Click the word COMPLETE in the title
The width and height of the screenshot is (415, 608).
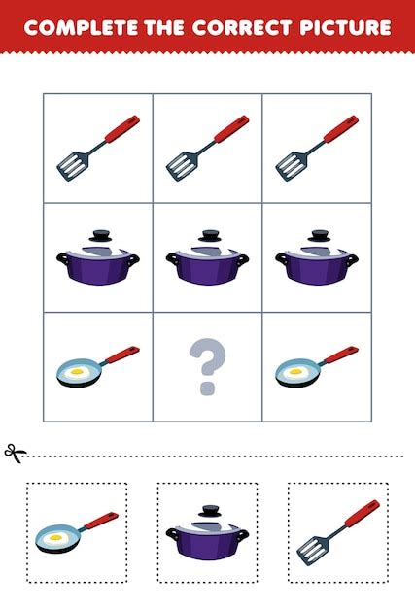click(x=81, y=27)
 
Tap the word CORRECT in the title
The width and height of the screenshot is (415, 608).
click(x=242, y=27)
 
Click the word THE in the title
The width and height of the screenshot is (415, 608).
click(x=164, y=27)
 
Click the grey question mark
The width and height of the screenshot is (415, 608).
click(x=208, y=366)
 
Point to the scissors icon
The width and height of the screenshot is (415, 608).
click(x=15, y=453)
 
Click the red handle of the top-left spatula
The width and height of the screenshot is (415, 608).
click(x=122, y=128)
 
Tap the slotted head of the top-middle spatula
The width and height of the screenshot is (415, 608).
click(x=182, y=166)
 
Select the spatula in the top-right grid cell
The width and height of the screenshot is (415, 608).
click(x=317, y=149)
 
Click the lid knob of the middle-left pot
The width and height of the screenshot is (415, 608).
click(x=100, y=235)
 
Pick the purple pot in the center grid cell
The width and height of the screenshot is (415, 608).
click(x=208, y=257)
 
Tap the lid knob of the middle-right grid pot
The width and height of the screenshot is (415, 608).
click(x=319, y=235)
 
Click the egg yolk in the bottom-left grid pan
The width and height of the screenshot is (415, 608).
click(x=77, y=371)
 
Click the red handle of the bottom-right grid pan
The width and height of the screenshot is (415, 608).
click(x=341, y=355)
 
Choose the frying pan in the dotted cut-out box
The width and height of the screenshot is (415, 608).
click(x=77, y=532)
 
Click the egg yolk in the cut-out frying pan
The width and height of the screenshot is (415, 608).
click(x=55, y=537)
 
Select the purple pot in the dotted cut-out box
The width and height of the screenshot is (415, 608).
click(x=208, y=533)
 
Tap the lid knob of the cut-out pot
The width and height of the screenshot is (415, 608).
click(x=210, y=511)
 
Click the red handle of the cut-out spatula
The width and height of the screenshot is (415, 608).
click(x=363, y=514)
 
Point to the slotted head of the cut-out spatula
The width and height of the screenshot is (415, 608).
click(x=313, y=551)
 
